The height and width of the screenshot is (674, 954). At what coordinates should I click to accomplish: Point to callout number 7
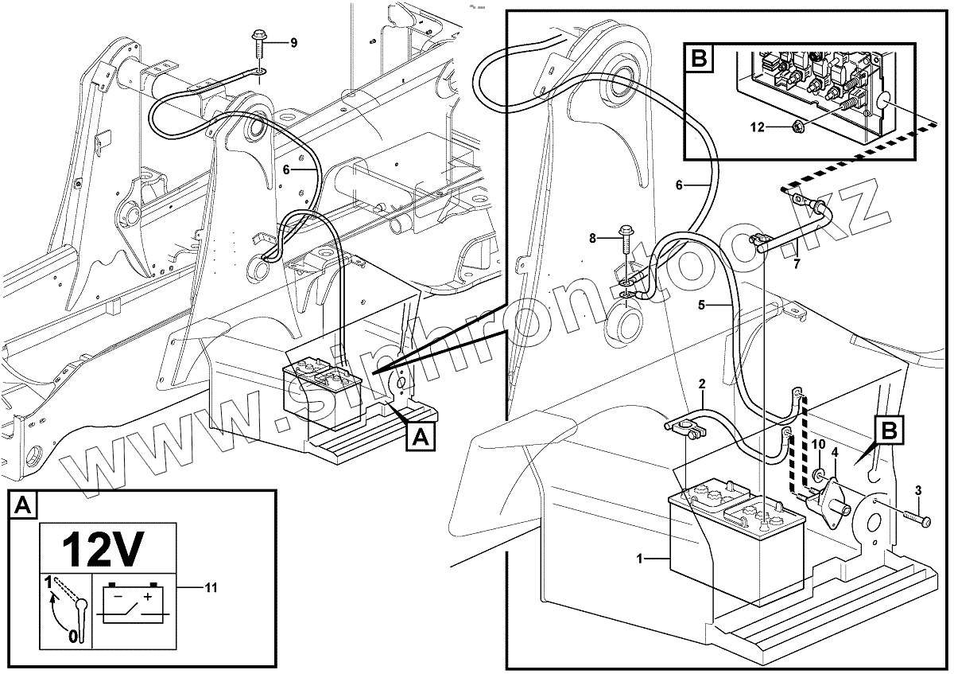[x=797, y=263]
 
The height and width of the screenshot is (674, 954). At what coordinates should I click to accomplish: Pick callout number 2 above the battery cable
[x=701, y=384]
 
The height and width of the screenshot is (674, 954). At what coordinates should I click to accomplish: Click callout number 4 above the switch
[x=835, y=452]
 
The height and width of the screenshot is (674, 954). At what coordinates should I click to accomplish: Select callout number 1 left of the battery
[x=640, y=559]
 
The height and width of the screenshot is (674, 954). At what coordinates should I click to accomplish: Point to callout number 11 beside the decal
[x=211, y=587]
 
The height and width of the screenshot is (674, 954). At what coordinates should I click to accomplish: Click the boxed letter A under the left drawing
[x=421, y=436]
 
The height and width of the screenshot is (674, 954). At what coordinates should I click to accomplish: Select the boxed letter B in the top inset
[x=699, y=58]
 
